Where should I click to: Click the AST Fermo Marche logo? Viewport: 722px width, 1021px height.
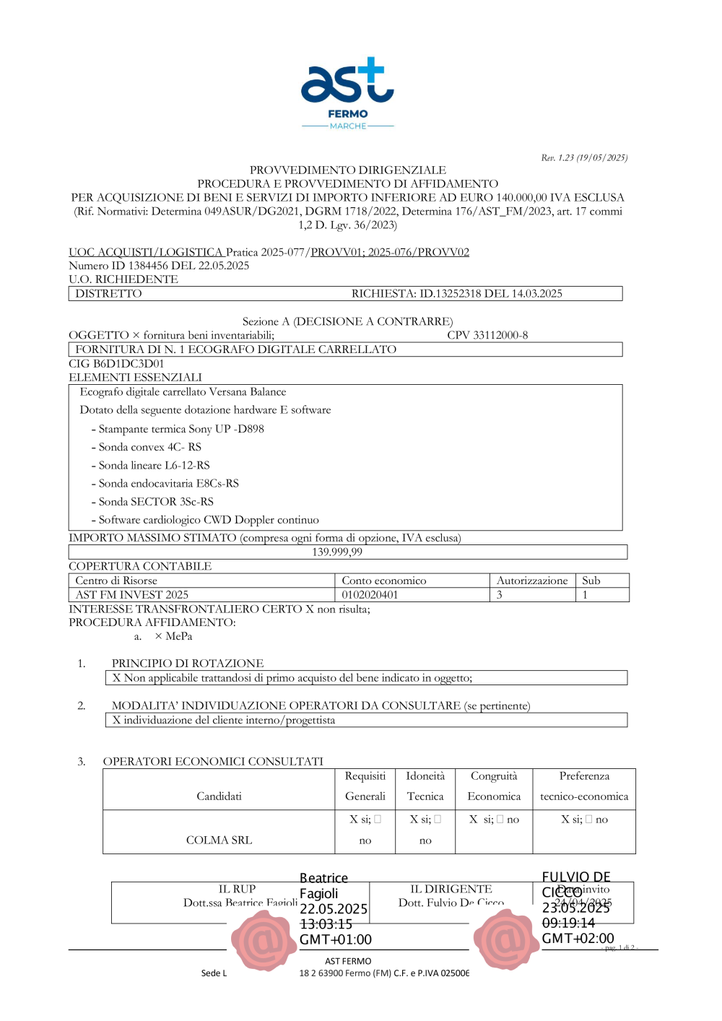coord(347,92)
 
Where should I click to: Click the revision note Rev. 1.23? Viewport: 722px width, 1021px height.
coord(584,157)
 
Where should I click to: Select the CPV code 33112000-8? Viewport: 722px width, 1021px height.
coord(487,335)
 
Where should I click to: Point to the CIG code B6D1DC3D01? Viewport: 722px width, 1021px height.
coord(116,363)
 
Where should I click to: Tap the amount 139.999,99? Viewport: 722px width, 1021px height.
coord(337,552)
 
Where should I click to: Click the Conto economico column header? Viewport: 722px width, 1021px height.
coord(384,581)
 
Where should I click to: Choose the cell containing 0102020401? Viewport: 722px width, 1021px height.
coord(370,595)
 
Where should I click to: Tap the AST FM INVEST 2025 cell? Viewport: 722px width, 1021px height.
coord(131,595)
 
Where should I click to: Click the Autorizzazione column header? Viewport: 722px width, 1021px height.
coord(532,581)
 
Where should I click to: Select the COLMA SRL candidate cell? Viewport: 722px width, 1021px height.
coord(219,840)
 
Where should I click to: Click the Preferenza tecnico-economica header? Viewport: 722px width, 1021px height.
coord(584,786)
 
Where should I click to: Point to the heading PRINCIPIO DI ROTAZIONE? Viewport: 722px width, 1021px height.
coord(188,663)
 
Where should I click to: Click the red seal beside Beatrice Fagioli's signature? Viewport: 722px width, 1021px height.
coord(264,940)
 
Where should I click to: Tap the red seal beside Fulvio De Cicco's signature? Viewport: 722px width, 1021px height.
coord(506,939)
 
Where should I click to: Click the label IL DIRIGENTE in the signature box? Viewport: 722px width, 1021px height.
coord(451,889)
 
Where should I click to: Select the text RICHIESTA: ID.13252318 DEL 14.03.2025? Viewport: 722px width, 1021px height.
coord(456,293)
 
